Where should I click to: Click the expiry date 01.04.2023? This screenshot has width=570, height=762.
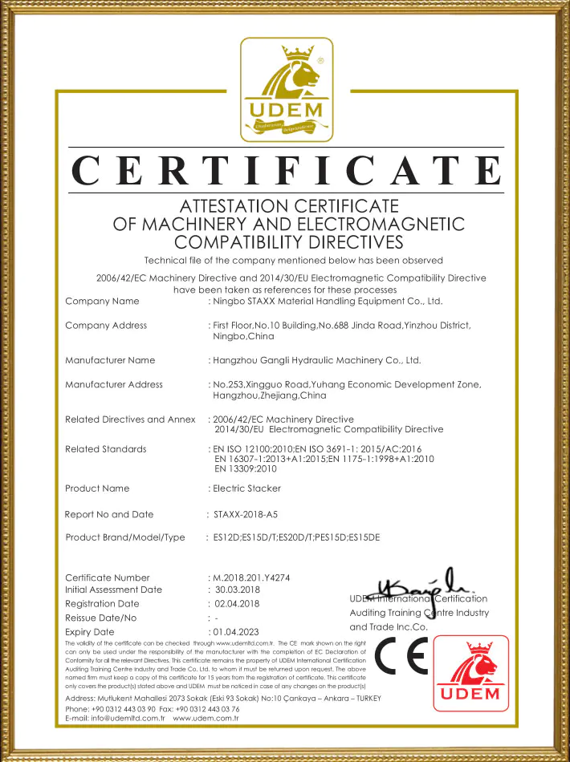click(234, 632)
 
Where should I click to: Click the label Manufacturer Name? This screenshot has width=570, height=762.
click(110, 360)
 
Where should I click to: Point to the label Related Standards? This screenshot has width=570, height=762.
click(105, 448)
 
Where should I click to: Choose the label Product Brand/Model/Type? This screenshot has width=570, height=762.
click(124, 537)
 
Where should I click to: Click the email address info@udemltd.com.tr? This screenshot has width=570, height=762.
click(121, 718)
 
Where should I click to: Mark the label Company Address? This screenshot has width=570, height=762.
click(105, 326)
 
